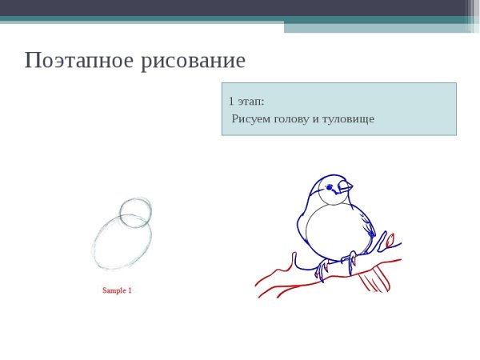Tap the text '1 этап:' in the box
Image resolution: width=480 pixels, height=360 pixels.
[246, 102]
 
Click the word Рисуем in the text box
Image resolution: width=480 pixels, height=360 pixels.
[250, 119]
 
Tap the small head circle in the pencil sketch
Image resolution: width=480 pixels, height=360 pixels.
[136, 212]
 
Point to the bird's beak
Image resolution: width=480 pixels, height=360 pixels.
[345, 187]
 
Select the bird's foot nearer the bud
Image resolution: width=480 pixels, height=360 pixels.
[350, 259]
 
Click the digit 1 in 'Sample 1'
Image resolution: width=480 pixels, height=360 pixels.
[130, 290]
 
